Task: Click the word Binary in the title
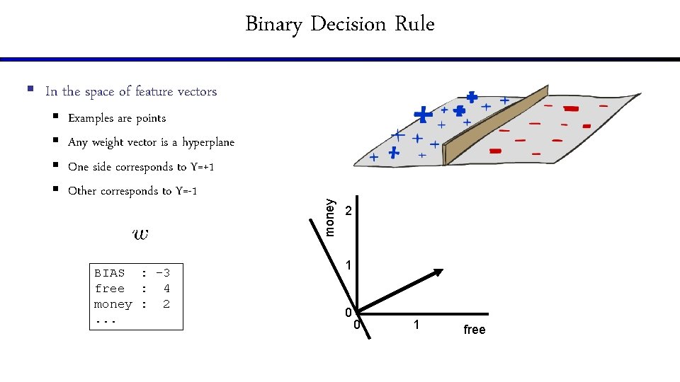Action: [273, 24]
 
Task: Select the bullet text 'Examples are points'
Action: [117, 118]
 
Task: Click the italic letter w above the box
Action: [140, 233]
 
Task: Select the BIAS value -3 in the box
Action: [163, 273]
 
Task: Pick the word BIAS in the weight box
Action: [109, 273]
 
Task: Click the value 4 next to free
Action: [166, 289]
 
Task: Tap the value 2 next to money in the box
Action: [166, 304]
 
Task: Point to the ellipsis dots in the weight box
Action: [105, 320]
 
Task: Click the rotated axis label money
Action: [329, 216]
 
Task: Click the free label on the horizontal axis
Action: [475, 330]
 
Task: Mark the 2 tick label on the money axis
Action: [348, 212]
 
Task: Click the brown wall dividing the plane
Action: [496, 127]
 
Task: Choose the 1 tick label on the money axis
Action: [348, 265]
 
